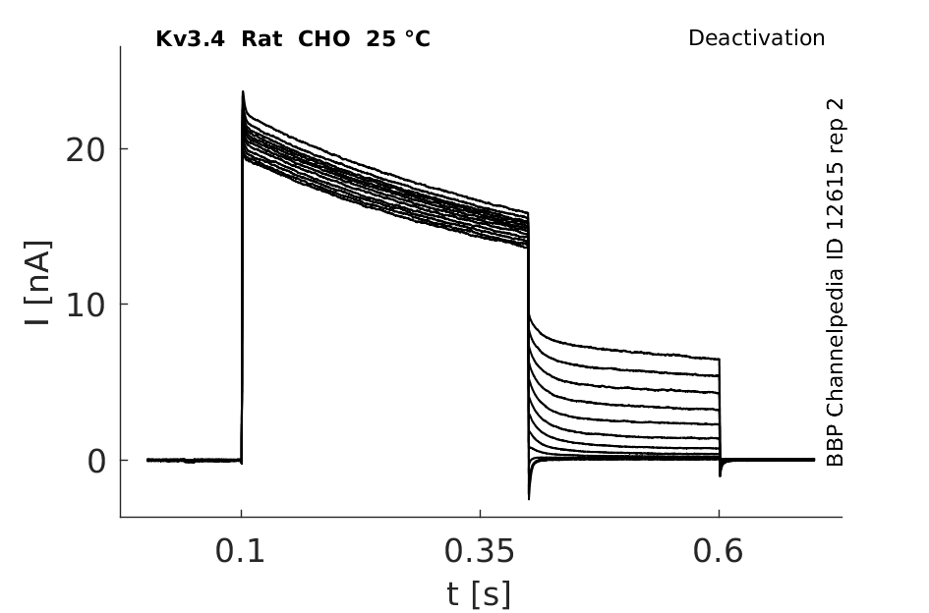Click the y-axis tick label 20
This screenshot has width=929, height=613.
[x=85, y=150]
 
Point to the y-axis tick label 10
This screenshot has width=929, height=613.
[x=85, y=306]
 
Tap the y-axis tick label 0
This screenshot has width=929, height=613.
[x=96, y=462]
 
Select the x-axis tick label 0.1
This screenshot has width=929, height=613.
[x=240, y=552]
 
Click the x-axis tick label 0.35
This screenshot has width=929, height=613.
[x=480, y=552]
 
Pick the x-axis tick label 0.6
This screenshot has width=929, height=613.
[x=718, y=552]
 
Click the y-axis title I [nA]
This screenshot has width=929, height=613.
[x=38, y=283]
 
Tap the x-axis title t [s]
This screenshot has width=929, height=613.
[x=479, y=594]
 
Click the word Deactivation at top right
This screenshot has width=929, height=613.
[x=757, y=38]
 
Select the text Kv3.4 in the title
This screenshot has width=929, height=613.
[x=190, y=39]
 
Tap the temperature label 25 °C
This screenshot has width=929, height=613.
[x=398, y=39]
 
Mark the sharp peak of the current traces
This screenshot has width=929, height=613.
[x=243, y=91]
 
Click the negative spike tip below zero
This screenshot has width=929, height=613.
[x=529, y=499]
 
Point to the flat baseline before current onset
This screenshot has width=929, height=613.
[x=195, y=460]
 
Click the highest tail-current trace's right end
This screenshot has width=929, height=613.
[x=719, y=359]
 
